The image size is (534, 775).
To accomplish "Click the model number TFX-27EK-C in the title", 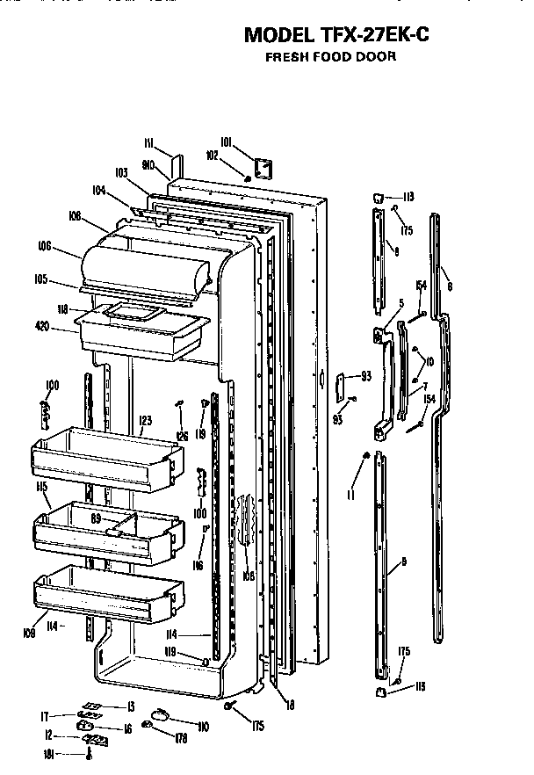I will (x=378, y=35).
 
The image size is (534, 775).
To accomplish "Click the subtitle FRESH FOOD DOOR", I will (x=330, y=57).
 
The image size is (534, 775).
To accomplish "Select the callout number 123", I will (x=144, y=422).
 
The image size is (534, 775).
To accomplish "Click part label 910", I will (x=148, y=164).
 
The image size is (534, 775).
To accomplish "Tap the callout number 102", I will (x=212, y=156).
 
